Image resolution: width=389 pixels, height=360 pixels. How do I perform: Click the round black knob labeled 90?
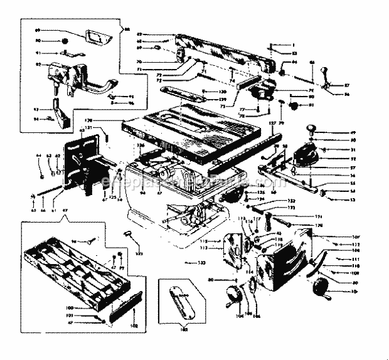pyautogui.click(x=65, y=41)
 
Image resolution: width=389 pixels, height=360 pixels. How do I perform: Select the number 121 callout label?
pyautogui.click(x=88, y=127)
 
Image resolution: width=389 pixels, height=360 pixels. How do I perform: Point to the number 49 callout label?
pyautogui.click(x=336, y=132)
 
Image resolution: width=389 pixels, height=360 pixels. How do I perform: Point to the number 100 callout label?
pyautogui.click(x=87, y=308)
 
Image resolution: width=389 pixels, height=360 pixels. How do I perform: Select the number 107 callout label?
pyautogui.click(x=337, y=236)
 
